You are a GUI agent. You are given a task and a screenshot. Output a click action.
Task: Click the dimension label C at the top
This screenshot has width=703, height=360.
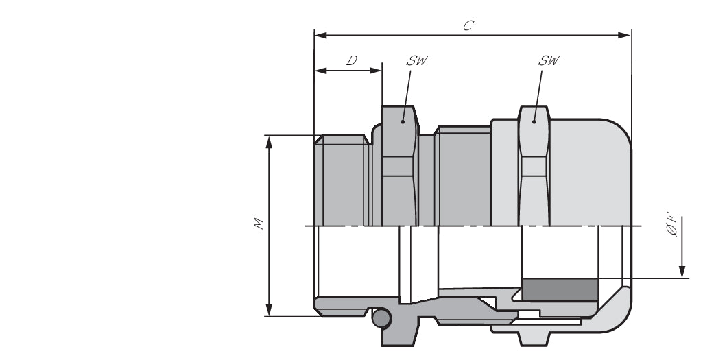click(467, 25)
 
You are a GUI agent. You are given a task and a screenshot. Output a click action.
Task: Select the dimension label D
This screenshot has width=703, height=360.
click(351, 60)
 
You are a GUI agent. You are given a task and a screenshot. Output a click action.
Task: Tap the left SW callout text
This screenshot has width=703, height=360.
click(416, 60)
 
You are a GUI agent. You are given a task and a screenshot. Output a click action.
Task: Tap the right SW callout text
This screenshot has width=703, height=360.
click(548, 60)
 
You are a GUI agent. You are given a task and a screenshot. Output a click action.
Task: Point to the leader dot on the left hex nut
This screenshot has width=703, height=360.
click(403, 122)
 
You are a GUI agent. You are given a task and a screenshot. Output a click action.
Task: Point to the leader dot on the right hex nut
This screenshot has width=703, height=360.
click(534, 123)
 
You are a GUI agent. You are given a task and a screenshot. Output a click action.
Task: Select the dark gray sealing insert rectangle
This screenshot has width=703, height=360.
click(560, 289)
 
